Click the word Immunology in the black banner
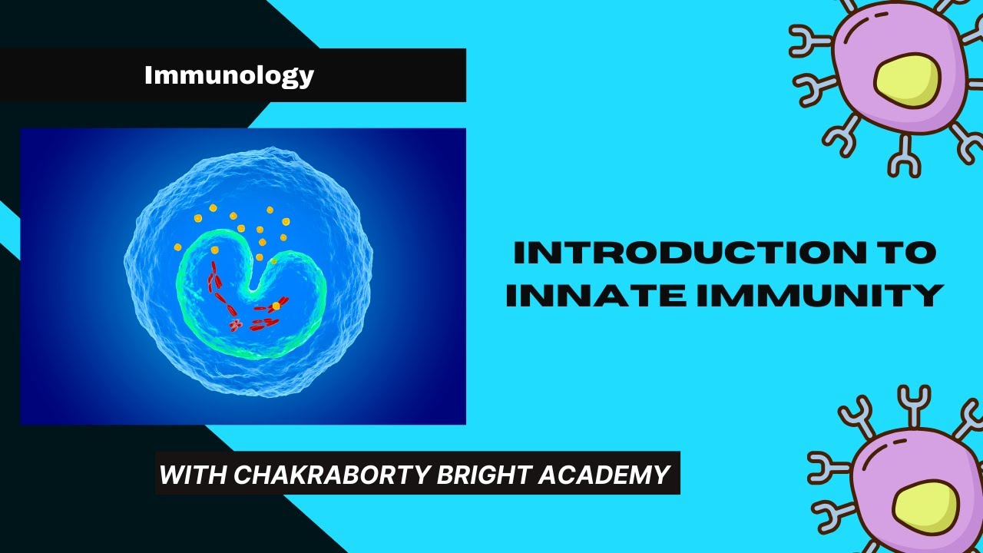[x=229, y=75]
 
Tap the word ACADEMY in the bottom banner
[x=604, y=475]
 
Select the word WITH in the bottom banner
[x=192, y=475]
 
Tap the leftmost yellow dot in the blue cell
[x=178, y=247]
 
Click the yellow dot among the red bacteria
[x=276, y=306]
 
